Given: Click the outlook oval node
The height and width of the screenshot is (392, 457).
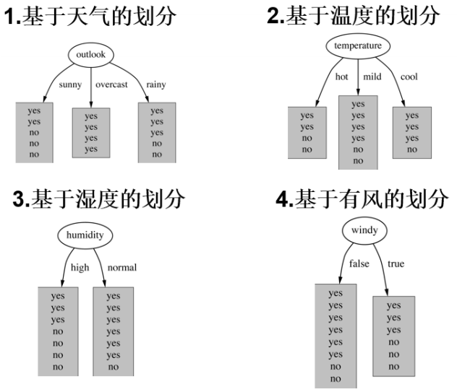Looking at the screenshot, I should (91, 55).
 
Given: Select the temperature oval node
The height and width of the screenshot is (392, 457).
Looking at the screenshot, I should (358, 46).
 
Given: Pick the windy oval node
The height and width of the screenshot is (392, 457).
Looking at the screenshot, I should (365, 231).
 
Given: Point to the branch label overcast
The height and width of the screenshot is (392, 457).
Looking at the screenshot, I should (111, 84).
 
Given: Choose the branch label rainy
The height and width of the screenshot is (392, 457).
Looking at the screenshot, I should (155, 84).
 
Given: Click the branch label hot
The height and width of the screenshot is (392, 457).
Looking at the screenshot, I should (343, 77).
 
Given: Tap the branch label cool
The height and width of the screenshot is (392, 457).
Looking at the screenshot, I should (409, 77).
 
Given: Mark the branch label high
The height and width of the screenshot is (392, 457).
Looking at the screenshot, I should (80, 267).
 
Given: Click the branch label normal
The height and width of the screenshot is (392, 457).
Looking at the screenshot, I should (122, 267).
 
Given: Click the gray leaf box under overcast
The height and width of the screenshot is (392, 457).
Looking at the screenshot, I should (91, 132).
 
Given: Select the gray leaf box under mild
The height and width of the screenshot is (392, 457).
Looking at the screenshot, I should (358, 133).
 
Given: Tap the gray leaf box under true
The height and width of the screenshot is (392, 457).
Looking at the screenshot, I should (393, 335).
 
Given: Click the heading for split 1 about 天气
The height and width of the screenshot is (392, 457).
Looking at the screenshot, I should (91, 17).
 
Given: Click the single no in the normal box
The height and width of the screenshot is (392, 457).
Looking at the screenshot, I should (114, 367).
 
